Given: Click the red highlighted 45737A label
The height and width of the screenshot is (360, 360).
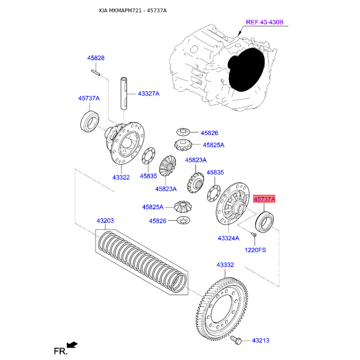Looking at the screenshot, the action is pyautogui.click(x=264, y=199).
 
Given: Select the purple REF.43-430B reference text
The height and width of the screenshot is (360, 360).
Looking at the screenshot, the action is pyautogui.click(x=265, y=22).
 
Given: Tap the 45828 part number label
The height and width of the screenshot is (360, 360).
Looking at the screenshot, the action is pyautogui.click(x=96, y=58).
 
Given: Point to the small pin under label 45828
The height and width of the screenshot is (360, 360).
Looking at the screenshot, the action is pyautogui.click(x=95, y=72).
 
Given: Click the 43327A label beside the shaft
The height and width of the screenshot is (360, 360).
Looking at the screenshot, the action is pyautogui.click(x=148, y=94).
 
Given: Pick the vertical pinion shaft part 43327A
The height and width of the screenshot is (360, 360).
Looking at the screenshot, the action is pyautogui.click(x=124, y=94).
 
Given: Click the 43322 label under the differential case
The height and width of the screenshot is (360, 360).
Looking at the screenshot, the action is pyautogui.click(x=121, y=177).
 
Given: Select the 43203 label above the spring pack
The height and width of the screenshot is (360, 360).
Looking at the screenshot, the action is pyautogui.click(x=105, y=220).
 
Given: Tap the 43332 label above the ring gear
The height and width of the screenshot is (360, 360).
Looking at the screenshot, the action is pyautogui.click(x=225, y=265).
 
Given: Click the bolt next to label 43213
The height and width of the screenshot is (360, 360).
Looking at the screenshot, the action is pyautogui.click(x=236, y=340).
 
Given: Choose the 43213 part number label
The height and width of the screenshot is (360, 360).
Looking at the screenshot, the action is pyautogui.click(x=261, y=341).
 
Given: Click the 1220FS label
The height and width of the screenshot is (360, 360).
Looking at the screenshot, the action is pyautogui.click(x=255, y=250).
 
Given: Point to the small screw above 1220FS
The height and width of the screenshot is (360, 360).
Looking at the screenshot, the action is pyautogui.click(x=253, y=234).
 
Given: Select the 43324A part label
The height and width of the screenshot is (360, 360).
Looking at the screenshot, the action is pyautogui.click(x=229, y=238).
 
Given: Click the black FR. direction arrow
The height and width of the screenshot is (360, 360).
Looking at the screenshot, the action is pyautogui.click(x=72, y=345).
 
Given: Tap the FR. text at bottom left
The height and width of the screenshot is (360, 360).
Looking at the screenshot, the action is pyautogui.click(x=61, y=351).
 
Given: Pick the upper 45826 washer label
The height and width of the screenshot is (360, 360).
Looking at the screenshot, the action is pyautogui.click(x=209, y=133).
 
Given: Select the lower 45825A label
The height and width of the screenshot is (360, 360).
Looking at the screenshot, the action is pyautogui.click(x=153, y=207).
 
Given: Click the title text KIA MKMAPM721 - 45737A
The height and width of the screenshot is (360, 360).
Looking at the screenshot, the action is pyautogui.click(x=133, y=10).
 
